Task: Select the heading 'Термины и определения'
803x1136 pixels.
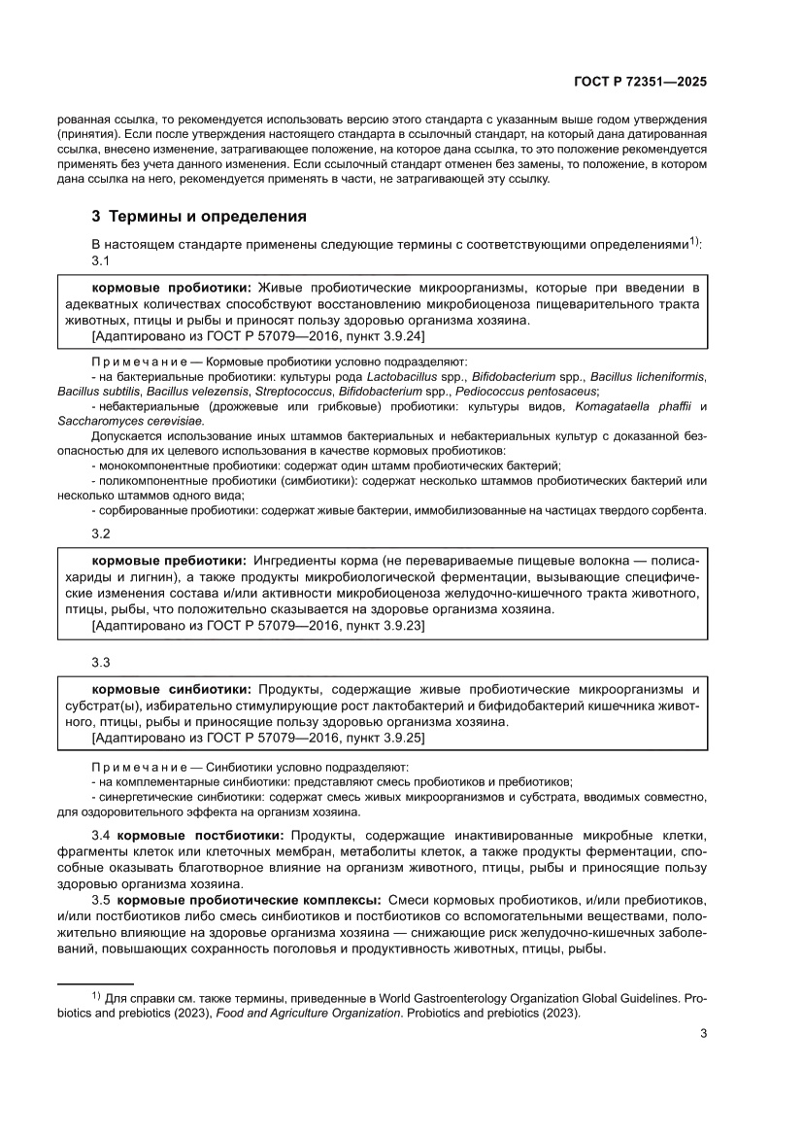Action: [x=208, y=216]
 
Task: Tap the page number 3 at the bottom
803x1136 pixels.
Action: [x=703, y=1033]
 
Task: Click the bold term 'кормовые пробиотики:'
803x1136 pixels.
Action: [x=172, y=289]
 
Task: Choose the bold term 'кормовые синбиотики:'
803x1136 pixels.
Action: [x=172, y=689]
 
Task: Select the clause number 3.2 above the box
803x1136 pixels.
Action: [x=101, y=534]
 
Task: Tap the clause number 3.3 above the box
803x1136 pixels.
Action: [x=101, y=662]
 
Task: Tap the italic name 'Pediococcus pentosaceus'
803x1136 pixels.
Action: [x=532, y=391]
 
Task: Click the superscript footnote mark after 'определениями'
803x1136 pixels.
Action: [x=694, y=241]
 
